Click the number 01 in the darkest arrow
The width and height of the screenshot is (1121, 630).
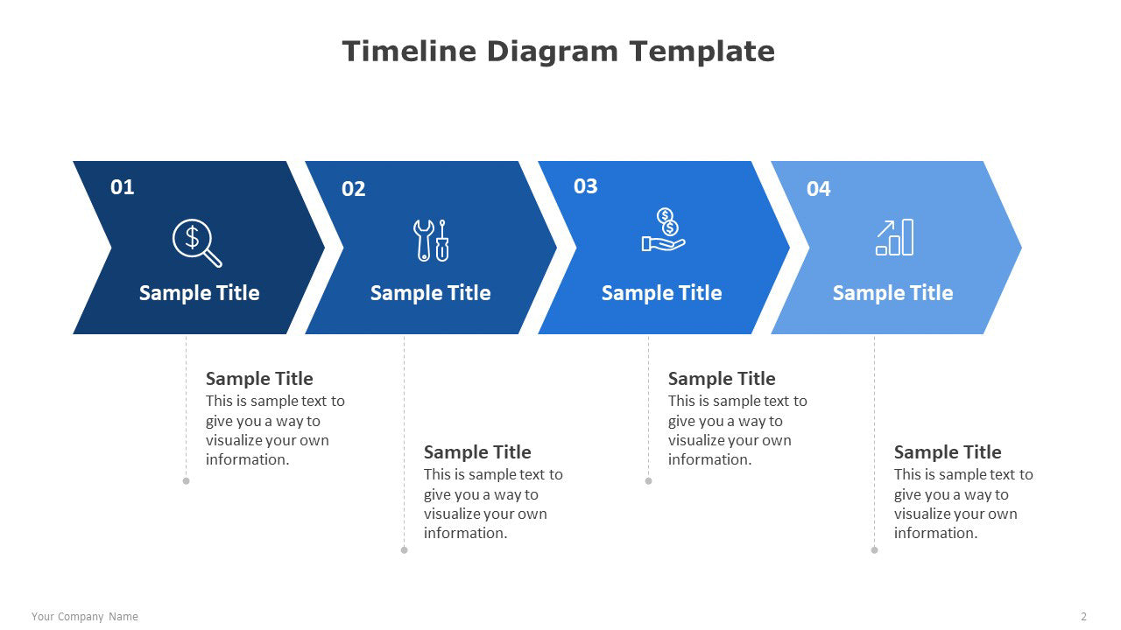coord(122,187)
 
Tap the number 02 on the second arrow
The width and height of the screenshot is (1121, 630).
coord(353,189)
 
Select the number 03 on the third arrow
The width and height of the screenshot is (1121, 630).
coord(586,186)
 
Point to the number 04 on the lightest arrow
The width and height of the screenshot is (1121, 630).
coord(818,189)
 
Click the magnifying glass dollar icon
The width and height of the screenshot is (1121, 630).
coord(197,242)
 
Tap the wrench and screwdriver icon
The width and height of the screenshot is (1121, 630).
coord(431,241)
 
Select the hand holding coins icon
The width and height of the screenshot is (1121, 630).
coord(663,229)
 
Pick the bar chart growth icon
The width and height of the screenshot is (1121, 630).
coord(894,237)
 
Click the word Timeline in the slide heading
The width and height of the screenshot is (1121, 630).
coord(409,52)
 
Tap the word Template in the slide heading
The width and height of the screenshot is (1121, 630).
coord(702,52)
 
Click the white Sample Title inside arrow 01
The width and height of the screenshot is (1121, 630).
coord(199,293)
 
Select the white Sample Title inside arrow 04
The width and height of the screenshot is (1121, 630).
coord(892,293)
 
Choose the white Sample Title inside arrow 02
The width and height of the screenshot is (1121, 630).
coord(430,293)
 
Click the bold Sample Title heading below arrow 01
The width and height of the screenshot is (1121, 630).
coord(259,379)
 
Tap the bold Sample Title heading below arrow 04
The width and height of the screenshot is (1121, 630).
coord(948,452)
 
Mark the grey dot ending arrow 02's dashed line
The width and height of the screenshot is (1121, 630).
coord(405,550)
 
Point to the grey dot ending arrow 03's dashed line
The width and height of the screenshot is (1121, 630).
coord(649,481)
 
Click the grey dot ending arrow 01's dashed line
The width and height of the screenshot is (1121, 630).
coord(187,481)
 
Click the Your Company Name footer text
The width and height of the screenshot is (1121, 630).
coord(85,617)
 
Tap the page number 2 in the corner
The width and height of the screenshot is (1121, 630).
coord(1084,617)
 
